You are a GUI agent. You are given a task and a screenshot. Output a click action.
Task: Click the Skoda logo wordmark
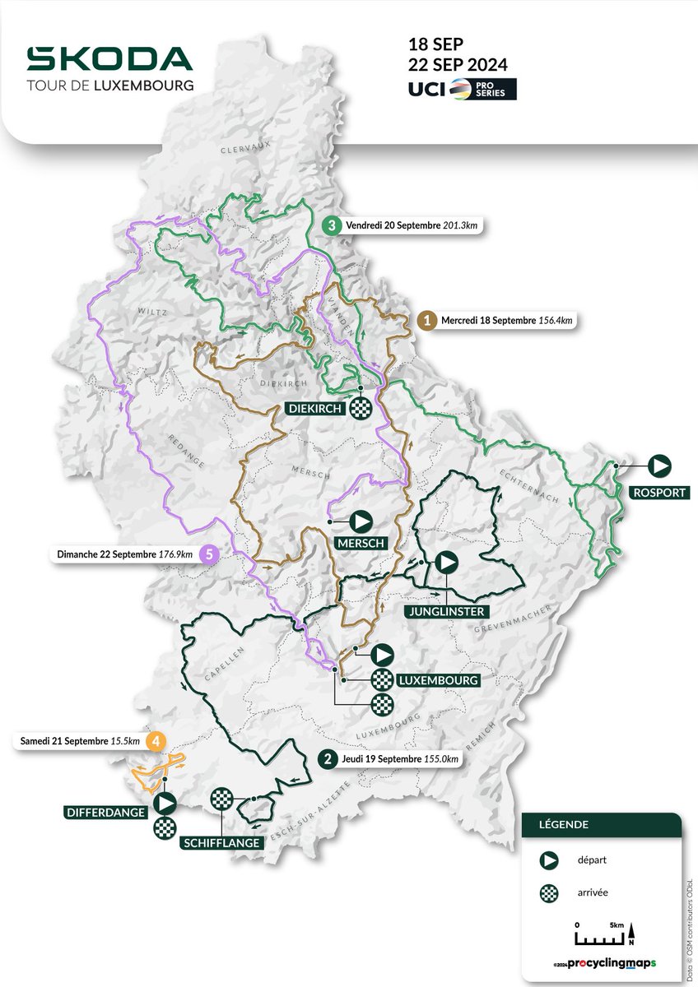click(x=109, y=58)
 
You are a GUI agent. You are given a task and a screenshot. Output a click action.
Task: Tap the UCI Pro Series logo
click(x=463, y=89)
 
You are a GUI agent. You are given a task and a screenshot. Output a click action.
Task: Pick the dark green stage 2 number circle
click(x=328, y=759)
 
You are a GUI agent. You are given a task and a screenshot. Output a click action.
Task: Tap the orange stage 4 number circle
click(x=156, y=740)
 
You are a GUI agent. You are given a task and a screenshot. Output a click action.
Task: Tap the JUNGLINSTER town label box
click(x=445, y=610)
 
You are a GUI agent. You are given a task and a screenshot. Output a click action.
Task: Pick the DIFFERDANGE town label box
click(x=105, y=813)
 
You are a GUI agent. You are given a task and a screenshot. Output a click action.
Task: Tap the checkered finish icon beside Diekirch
click(x=361, y=407)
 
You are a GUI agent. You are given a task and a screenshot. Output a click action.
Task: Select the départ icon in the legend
click(x=546, y=861)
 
